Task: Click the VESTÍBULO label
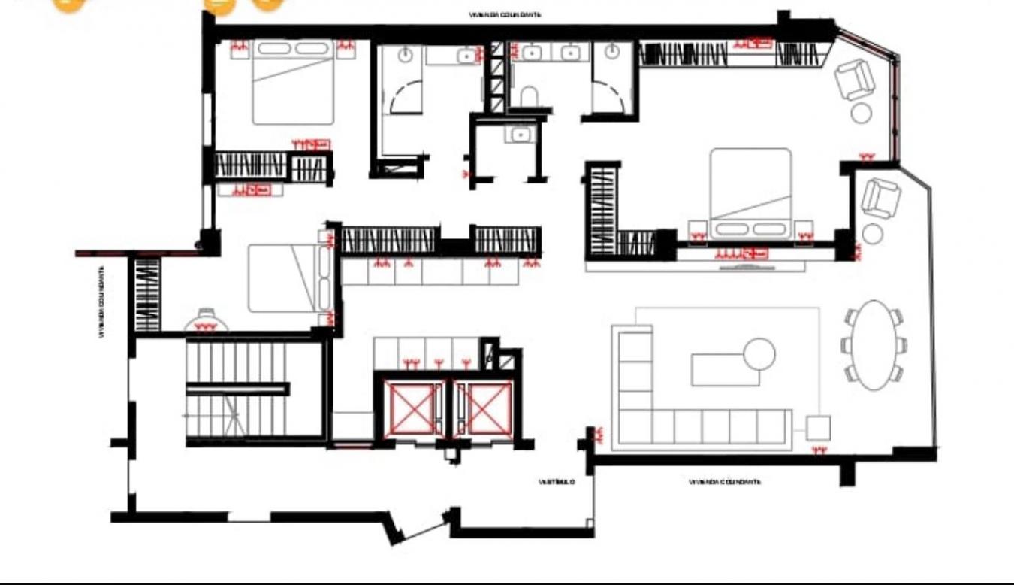[557, 482]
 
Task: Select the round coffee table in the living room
[759, 354]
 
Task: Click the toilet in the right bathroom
[529, 96]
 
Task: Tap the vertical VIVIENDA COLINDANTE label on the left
[101, 301]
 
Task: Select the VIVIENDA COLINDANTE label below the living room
[725, 482]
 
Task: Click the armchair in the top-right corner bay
[855, 79]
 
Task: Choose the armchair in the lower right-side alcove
[880, 198]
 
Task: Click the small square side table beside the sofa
[818, 428]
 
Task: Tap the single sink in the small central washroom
[520, 135]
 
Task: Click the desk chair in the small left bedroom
[206, 320]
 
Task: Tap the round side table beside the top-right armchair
[861, 113]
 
